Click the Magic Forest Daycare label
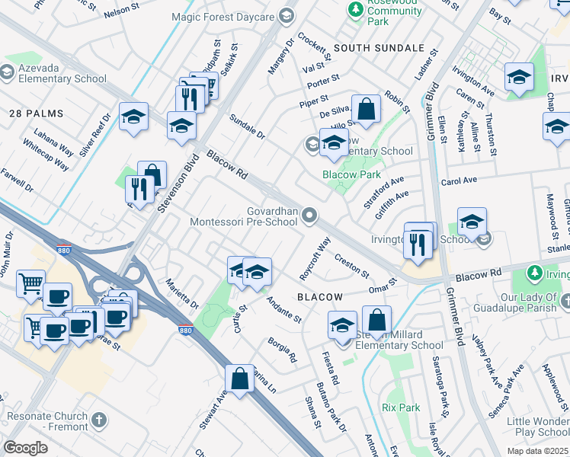222,15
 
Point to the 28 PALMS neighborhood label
36,113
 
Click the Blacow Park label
351,174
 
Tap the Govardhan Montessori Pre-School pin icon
309,217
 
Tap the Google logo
25,447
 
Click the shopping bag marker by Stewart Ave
239,378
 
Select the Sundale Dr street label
247,126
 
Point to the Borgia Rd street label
282,350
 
